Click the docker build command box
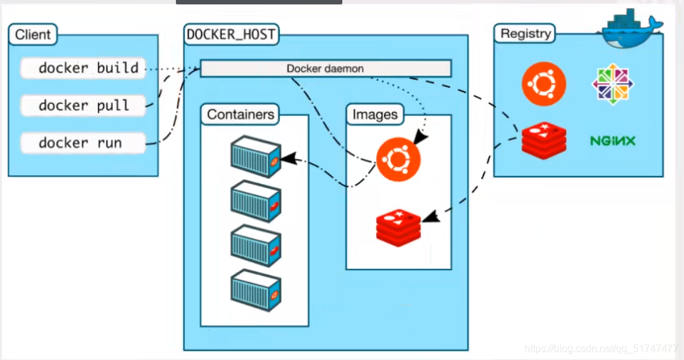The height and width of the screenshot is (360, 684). pos(83,68)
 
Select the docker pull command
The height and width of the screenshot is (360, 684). pos(83,105)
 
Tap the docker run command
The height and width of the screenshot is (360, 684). pos(83,142)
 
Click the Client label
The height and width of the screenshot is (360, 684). pos(33,34)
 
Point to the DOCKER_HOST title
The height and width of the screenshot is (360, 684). pos(231,34)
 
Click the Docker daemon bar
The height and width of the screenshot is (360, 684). pos(325,68)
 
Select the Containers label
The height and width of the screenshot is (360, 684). pos(240,114)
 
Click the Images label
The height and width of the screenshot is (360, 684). pos(375,114)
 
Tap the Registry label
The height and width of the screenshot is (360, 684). pos(525,33)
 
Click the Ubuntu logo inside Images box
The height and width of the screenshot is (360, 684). pos(397,159)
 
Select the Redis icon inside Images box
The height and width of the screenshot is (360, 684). pos(398,226)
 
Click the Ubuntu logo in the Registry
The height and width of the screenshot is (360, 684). pos(543,84)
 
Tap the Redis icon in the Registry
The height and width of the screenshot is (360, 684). pos(543,140)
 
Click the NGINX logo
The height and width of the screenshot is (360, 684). pos(613,141)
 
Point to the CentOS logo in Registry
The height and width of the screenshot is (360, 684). pos(613,84)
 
